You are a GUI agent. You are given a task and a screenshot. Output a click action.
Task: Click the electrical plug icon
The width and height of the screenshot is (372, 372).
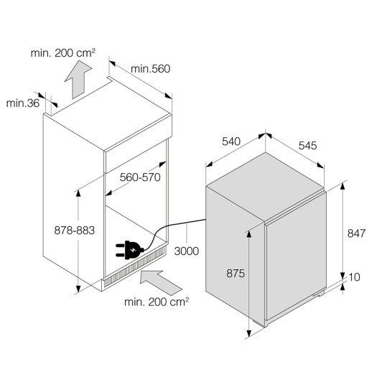pos(129,250)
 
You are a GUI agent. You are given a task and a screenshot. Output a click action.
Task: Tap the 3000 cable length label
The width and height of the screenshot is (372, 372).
pos(187,251)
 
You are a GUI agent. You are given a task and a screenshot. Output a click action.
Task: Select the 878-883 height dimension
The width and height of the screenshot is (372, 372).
pos(75,231)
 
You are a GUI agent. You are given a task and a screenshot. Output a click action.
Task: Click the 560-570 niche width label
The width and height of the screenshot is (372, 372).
pos(140,177)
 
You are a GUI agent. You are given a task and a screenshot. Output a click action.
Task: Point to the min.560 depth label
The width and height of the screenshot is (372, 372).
pos(150,69)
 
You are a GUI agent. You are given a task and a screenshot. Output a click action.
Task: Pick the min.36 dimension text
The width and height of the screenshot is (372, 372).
pos(23,103)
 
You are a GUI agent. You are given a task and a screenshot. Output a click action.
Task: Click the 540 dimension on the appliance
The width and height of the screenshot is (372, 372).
pos(231,141)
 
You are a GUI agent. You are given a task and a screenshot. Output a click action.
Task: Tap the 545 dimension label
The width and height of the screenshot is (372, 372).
pos(307,146)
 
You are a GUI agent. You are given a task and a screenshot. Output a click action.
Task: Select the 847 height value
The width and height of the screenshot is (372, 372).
pos(356,233)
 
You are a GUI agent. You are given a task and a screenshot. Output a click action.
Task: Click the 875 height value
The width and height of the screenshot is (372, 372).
pos(236,273)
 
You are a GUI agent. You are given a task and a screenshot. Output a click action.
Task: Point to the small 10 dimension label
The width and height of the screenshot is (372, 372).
pos(354,277)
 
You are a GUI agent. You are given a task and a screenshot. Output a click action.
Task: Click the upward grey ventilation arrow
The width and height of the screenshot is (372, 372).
pos(78,79)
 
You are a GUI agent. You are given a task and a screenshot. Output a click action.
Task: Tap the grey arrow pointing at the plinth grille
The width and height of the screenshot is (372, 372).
pos(161,283)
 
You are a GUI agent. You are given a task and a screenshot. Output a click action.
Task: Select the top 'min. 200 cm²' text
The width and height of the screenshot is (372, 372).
pos(63,53)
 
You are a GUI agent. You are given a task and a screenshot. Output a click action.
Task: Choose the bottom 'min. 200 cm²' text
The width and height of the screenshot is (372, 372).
pos(157,302)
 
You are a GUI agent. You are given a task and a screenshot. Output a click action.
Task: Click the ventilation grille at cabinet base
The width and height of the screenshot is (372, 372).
pos(134,266)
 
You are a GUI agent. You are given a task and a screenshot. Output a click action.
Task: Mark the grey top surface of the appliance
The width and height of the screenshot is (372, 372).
pos(265,187)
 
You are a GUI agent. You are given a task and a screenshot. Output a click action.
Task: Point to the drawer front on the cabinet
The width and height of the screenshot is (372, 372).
pos(136,156)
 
